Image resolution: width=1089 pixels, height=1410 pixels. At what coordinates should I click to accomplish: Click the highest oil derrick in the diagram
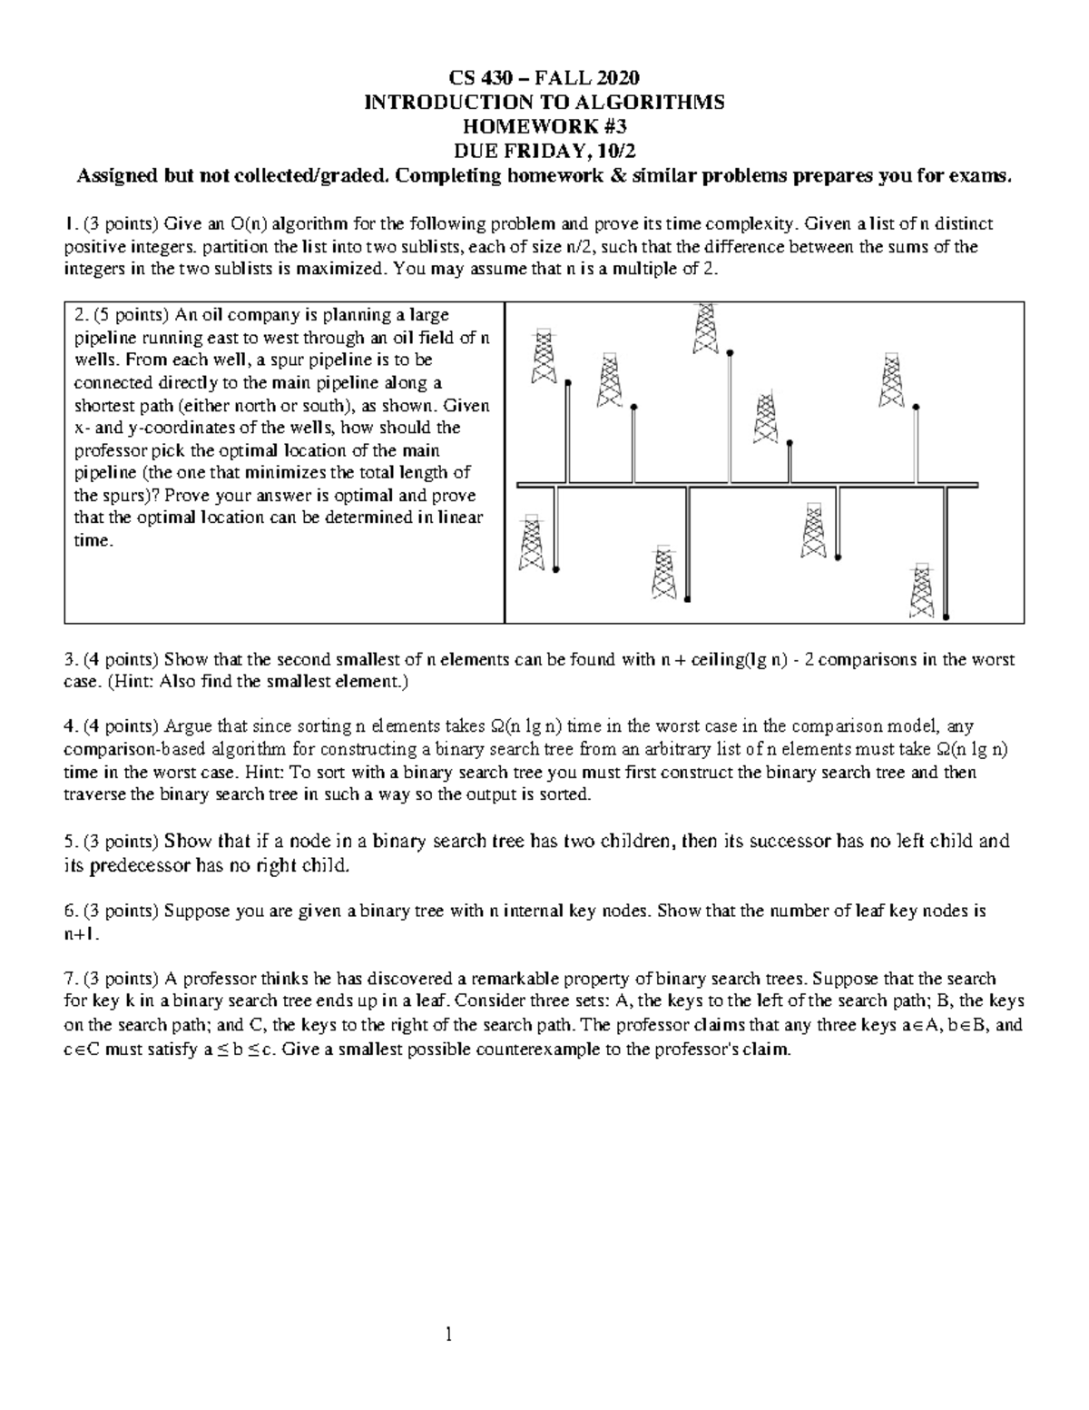coord(705,329)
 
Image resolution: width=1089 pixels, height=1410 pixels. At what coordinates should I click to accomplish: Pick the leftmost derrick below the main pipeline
coord(532,543)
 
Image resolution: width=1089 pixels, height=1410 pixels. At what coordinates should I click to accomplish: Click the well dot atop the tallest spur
coord(730,351)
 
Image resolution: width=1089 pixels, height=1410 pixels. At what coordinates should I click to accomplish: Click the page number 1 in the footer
coord(447,1335)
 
